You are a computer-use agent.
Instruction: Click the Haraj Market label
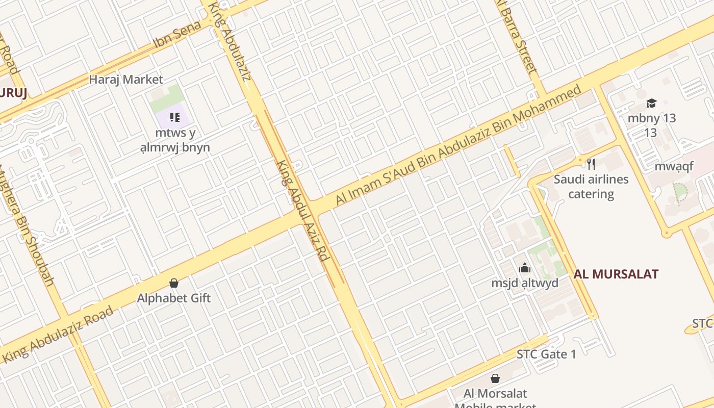126,80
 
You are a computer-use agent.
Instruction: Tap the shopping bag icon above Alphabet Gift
174,283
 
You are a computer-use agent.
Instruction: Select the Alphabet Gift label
174,298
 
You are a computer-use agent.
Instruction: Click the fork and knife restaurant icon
591,164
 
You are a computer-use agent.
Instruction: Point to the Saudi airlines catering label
591,187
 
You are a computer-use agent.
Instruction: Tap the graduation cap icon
651,104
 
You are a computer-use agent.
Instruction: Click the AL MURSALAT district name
616,274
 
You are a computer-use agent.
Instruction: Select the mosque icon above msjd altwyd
525,268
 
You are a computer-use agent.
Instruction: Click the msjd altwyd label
525,283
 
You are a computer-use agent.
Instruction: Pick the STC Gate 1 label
546,354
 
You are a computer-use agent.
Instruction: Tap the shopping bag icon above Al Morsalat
495,378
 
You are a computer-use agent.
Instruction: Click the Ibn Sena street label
177,35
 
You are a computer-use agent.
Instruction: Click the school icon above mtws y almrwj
175,118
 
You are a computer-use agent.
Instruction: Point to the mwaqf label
674,167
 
